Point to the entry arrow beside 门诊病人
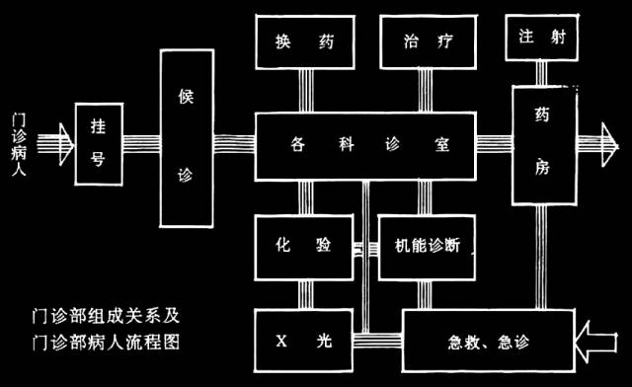pyautogui.click(x=60, y=145)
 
